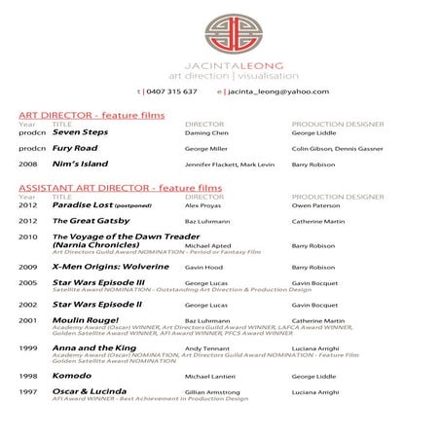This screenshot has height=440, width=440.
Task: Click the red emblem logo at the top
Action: (x=220, y=29)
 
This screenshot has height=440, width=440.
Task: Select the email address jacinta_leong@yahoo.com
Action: (x=276, y=92)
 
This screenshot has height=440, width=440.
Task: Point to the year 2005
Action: (x=28, y=282)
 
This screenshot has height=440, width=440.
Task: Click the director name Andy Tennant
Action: (x=206, y=348)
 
